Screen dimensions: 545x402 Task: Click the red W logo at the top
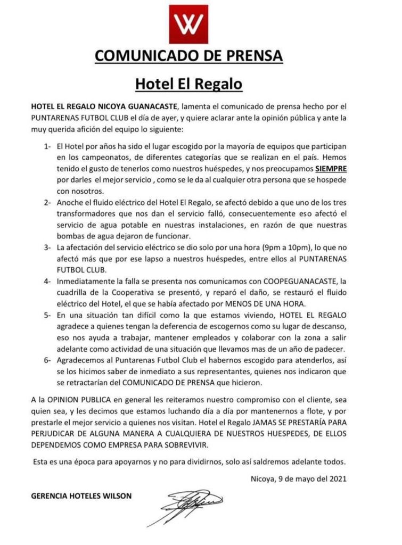click(x=188, y=24)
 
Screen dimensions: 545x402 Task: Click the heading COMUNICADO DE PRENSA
click(x=188, y=55)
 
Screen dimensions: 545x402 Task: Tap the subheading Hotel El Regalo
click(x=188, y=84)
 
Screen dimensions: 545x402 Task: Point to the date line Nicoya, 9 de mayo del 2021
click(x=299, y=477)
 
